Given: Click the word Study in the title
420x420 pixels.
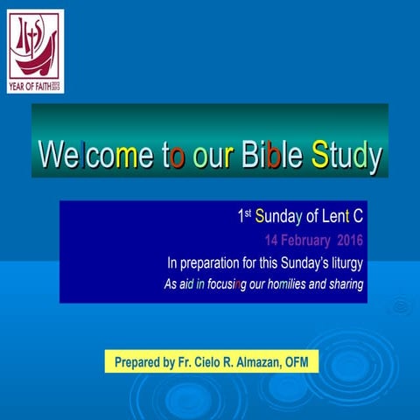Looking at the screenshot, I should point(347,158).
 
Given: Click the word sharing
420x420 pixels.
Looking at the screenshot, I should point(344,284).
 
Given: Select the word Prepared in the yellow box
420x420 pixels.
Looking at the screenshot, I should point(138,360).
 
